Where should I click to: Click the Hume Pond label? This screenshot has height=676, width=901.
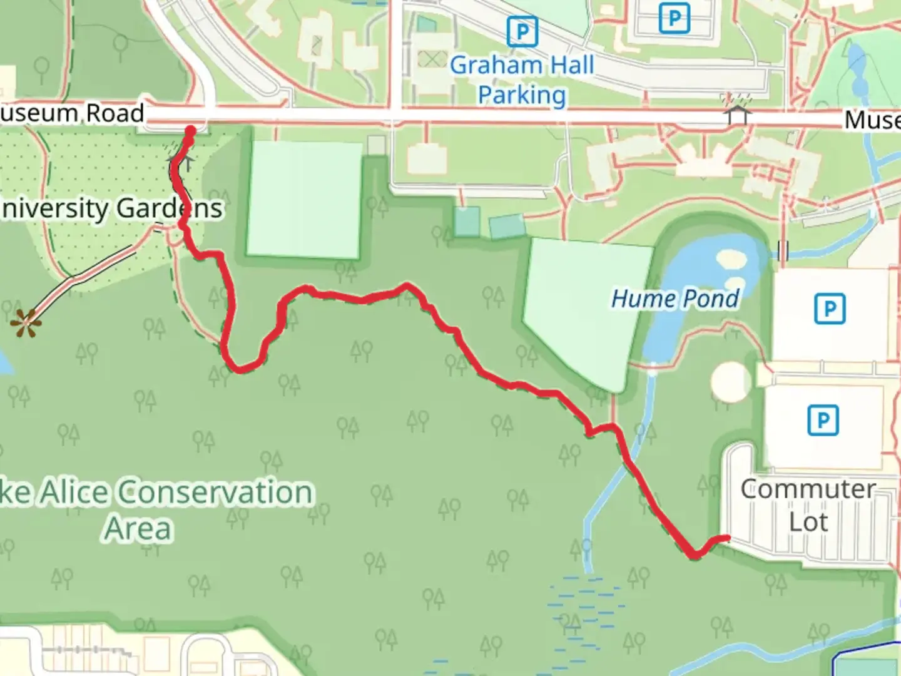point(674,299)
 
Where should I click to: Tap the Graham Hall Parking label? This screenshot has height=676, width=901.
point(522,80)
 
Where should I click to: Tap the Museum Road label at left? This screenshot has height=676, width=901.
point(72,113)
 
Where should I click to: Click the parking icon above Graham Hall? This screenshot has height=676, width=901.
point(522,31)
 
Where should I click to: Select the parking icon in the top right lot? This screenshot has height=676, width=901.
point(674,18)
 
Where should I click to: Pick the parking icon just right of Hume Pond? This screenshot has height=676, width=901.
point(829,309)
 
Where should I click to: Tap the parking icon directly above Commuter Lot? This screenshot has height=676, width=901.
point(823,420)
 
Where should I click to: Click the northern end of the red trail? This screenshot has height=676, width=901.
point(190,131)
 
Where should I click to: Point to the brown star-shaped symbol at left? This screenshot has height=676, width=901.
point(26,323)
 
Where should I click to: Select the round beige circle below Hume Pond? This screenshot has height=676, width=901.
point(730,381)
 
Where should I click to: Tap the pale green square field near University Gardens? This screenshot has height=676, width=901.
point(305,199)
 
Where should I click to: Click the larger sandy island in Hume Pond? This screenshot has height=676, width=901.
point(731,259)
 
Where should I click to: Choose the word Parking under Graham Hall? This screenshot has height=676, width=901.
point(522,95)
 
